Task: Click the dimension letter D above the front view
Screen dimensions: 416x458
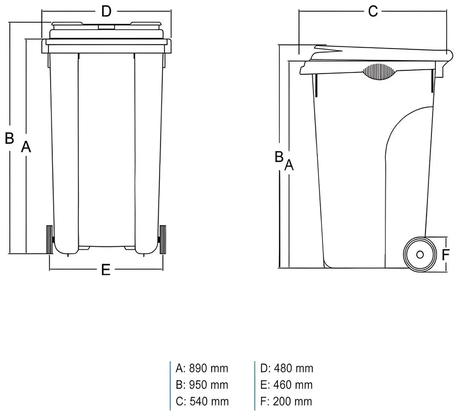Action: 106,12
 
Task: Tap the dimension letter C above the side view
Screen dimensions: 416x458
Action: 373,12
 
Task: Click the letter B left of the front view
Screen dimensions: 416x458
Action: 9,138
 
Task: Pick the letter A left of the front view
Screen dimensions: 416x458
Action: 25,147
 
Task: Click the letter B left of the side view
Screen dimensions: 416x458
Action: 279,157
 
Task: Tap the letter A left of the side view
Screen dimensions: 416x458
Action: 289,165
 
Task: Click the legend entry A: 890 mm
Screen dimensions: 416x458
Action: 202,368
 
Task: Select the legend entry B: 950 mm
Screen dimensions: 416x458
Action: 202,385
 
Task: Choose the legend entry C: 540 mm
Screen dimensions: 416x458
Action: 202,401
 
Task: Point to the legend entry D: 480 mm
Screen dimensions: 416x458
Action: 287,368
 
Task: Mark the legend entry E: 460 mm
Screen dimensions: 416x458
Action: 287,385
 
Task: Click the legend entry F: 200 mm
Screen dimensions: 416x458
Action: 287,401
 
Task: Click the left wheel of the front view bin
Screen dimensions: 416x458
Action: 50,239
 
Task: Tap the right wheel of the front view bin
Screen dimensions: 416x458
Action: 163,239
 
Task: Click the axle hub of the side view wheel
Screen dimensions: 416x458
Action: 419,254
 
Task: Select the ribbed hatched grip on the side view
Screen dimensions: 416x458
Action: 379,72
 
